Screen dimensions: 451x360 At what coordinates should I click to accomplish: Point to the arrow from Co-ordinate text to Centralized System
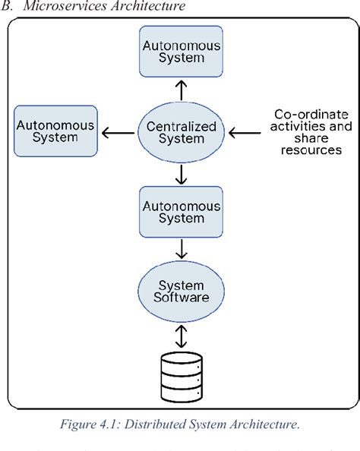coord(245,132)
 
